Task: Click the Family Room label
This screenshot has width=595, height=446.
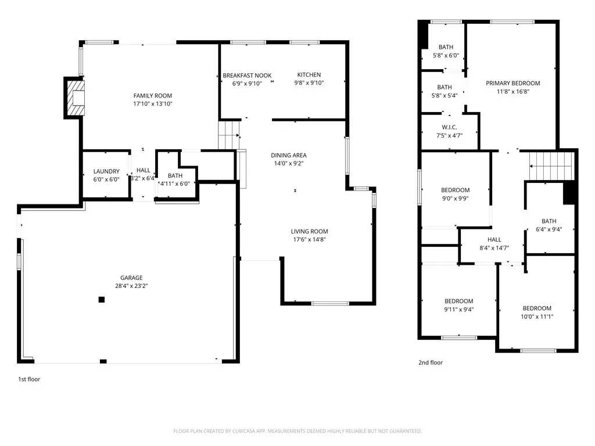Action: pyautogui.click(x=153, y=96)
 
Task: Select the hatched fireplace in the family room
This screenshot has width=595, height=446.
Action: pyautogui.click(x=75, y=97)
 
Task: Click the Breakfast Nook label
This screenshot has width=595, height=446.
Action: pyautogui.click(x=247, y=75)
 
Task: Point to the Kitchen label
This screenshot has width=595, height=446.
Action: pyautogui.click(x=309, y=75)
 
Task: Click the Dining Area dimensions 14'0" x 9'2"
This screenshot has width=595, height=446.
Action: pyautogui.click(x=289, y=163)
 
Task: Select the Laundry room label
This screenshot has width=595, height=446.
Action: pyautogui.click(x=106, y=171)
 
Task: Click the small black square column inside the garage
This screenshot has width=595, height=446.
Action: pyautogui.click(x=102, y=300)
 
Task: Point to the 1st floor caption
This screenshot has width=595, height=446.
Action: pyautogui.click(x=29, y=379)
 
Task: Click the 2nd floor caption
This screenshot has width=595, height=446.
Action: pyautogui.click(x=431, y=363)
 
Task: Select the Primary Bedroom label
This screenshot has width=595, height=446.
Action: pyautogui.click(x=513, y=83)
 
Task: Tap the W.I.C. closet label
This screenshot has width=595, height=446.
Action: pyautogui.click(x=449, y=127)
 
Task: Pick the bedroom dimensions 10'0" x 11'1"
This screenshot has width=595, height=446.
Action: pyautogui.click(x=536, y=316)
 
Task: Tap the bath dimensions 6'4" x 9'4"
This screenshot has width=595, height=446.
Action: pyautogui.click(x=549, y=229)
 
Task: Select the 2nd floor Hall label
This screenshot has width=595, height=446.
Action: pyautogui.click(x=494, y=239)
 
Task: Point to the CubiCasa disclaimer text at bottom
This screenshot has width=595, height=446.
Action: pyautogui.click(x=297, y=431)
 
